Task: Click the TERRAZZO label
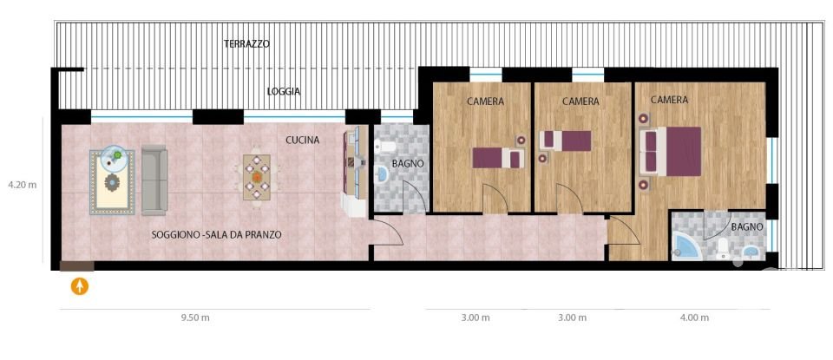[246, 43]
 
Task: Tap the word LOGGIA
[284, 91]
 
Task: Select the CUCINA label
[303, 140]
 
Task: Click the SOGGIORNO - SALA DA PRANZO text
[216, 234]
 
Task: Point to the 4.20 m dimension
[22, 185]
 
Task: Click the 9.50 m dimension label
[195, 318]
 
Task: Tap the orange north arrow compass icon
[80, 285]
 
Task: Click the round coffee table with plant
[115, 157]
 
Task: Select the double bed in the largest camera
[670, 150]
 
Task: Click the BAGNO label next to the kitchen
[407, 163]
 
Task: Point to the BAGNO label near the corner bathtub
[746, 227]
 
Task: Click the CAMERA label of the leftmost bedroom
[485, 101]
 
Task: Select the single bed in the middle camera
[565, 140]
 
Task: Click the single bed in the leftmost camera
[497, 158]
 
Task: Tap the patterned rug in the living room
[113, 182]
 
